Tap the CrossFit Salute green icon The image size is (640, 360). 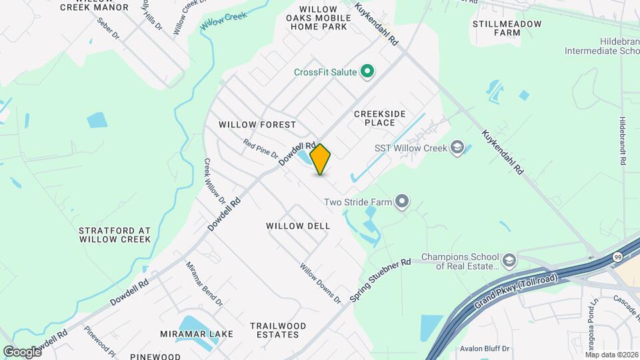pyautogui.click(x=367, y=71)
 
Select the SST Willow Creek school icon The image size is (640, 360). pyautogui.click(x=457, y=147)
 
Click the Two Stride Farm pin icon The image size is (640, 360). pyautogui.click(x=401, y=201)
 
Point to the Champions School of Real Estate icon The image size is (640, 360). pyautogui.click(x=509, y=259)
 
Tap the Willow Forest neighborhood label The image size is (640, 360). pyautogui.click(x=257, y=125)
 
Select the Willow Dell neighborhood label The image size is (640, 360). pyautogui.click(x=298, y=226)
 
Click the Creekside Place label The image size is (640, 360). pyautogui.click(x=379, y=118)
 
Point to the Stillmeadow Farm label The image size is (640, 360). pyautogui.click(x=507, y=27)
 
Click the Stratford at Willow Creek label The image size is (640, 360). pyautogui.click(x=115, y=234)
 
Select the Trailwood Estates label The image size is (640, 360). pyautogui.click(x=278, y=330)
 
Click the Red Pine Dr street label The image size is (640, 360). pyautogui.click(x=261, y=148)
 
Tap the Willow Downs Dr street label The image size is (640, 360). pyautogui.click(x=320, y=283)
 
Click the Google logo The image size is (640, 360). pyautogui.click(x=22, y=351)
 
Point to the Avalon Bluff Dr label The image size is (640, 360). pyautogui.click(x=485, y=349)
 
